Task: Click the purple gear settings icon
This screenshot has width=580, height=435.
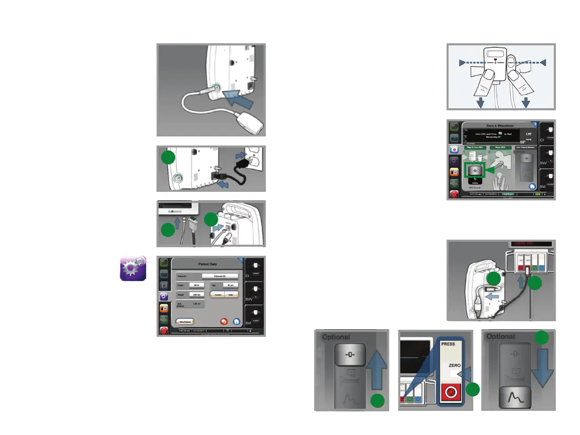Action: point(133,267)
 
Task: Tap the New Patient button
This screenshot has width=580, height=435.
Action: point(184,321)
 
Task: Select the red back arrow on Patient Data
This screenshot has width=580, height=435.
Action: point(223,321)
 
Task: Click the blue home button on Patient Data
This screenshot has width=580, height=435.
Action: point(237,321)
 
